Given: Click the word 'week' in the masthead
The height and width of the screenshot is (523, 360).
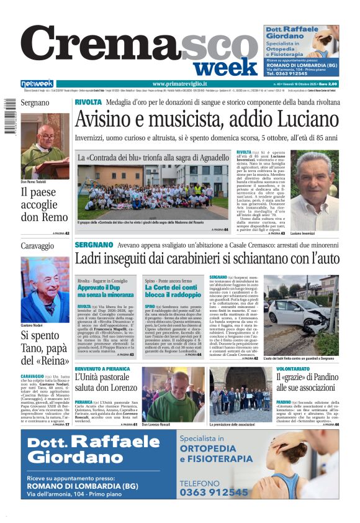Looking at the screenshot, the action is pyautogui.click(x=229, y=66).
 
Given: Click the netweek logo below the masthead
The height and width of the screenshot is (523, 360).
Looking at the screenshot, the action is pyautogui.click(x=37, y=84).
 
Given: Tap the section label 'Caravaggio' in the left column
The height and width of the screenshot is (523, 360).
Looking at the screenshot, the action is pyautogui.click(x=35, y=247).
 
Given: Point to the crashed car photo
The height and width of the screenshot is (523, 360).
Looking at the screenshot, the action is pyautogui.click(x=301, y=314).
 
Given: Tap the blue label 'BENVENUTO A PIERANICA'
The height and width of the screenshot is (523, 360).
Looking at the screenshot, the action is pyautogui.click(x=103, y=368).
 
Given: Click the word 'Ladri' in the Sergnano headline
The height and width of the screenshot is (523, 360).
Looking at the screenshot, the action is pyautogui.click(x=92, y=258).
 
